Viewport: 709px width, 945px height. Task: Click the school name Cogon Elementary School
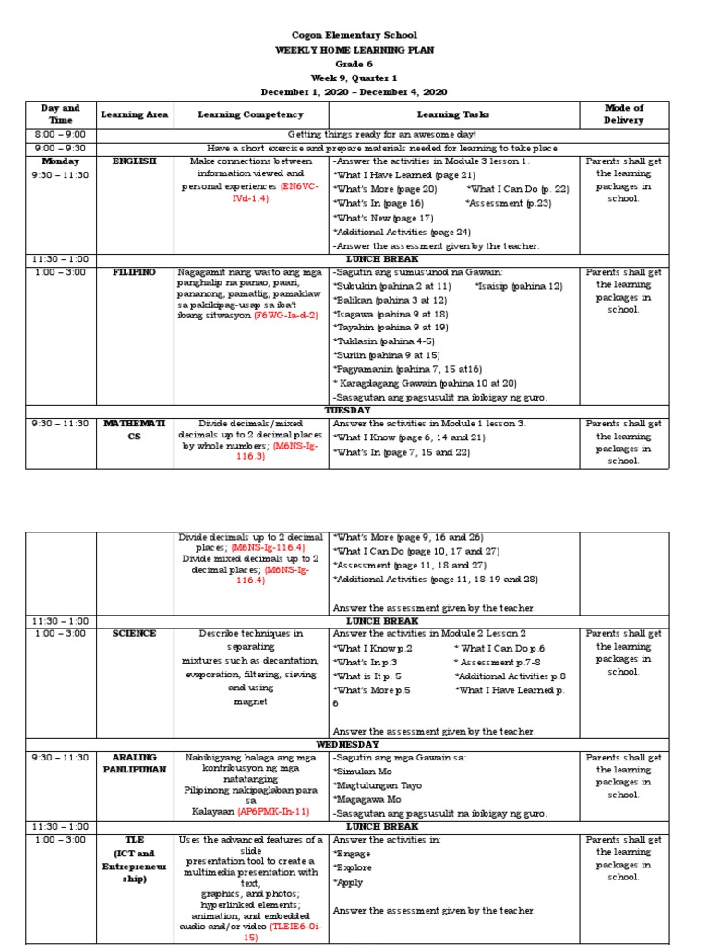point(354,33)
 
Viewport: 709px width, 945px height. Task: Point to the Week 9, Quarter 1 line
point(354,78)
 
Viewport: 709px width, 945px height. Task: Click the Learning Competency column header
point(250,114)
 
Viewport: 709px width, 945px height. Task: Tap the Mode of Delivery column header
point(623,114)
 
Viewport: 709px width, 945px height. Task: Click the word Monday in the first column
point(61,161)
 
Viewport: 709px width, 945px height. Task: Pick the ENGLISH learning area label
point(134,161)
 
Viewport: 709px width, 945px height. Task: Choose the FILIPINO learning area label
point(134,272)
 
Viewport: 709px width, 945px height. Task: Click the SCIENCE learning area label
point(134,634)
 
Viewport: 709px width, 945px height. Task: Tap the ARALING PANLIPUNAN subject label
point(134,764)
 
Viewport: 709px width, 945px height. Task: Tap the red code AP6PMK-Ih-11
point(273,812)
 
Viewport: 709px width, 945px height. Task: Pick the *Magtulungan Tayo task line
point(379,785)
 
